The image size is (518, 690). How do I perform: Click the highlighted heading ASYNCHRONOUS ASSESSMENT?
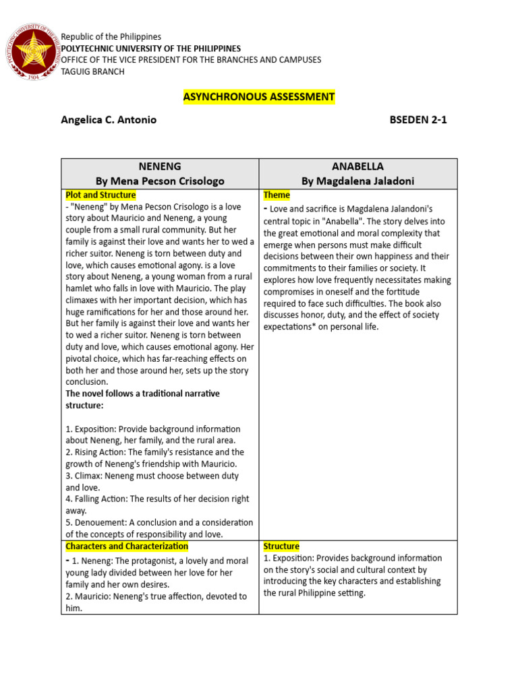click(259, 97)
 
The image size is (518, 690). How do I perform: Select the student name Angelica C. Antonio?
click(109, 120)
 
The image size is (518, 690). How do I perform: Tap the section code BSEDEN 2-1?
click(418, 120)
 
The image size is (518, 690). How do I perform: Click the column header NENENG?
click(160, 166)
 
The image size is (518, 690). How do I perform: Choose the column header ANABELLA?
click(358, 166)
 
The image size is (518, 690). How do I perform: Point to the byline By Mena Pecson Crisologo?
click(160, 181)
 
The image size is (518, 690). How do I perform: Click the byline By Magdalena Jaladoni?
click(358, 181)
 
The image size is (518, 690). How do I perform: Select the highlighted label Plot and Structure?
click(100, 195)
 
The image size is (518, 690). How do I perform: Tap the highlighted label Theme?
click(277, 195)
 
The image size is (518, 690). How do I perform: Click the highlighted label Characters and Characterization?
click(127, 546)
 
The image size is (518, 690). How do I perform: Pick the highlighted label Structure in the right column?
click(281, 546)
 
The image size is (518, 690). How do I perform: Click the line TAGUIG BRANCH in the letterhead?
click(92, 71)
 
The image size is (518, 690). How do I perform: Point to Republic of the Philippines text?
click(111, 36)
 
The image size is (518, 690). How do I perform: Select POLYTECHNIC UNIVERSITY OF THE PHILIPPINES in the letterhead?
click(150, 49)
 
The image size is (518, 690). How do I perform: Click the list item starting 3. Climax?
click(152, 481)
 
